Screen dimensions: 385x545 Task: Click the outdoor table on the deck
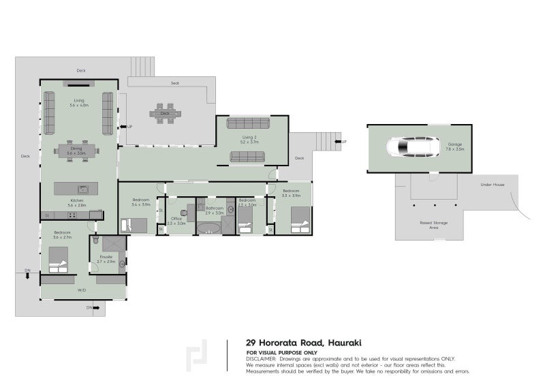(164, 113)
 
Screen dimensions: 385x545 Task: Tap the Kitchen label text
(76, 200)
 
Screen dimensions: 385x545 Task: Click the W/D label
(81, 290)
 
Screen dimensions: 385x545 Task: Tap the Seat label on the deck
(175, 83)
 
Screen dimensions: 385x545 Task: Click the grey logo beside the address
(197, 355)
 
